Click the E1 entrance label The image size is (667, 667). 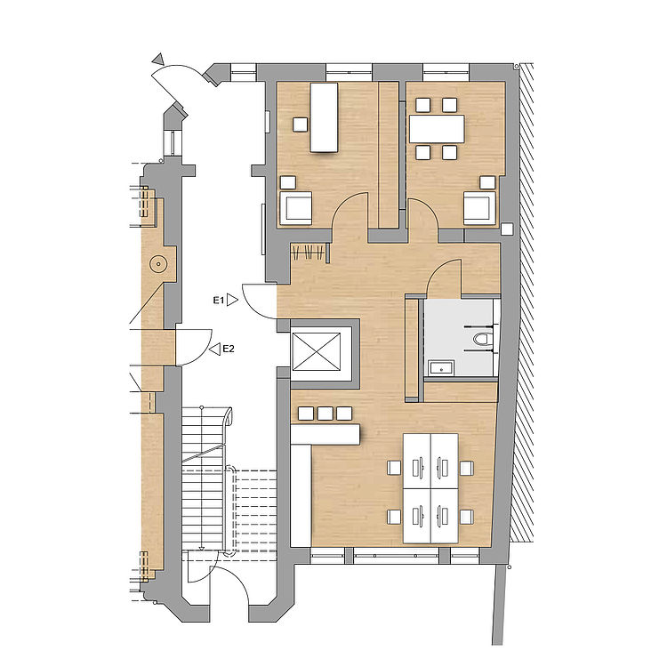[219, 301]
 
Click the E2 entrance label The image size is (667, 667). [229, 350]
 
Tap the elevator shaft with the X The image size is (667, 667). [317, 351]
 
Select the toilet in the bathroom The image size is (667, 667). [481, 339]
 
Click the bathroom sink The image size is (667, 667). [441, 367]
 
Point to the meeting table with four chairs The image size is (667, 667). [437, 129]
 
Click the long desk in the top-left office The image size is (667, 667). [324, 117]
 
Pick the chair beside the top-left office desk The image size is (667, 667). [301, 125]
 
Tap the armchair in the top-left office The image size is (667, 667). [295, 207]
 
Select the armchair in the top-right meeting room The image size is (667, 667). [480, 207]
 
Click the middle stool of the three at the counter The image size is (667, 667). [325, 413]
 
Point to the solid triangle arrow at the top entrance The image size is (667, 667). [158, 59]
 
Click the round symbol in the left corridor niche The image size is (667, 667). [158, 264]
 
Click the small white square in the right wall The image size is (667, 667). [507, 229]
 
